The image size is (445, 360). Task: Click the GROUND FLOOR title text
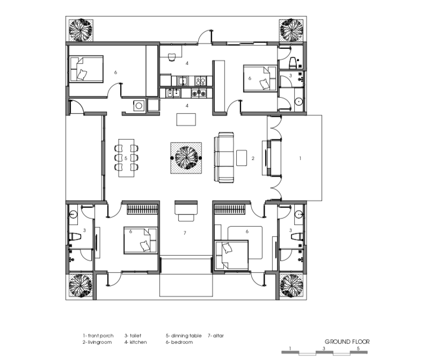click(347, 342)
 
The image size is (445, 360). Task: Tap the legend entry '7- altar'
click(216, 336)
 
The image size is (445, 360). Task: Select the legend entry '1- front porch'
click(98, 336)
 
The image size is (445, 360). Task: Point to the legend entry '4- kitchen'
click(136, 342)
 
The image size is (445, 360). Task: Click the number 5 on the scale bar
click(358, 348)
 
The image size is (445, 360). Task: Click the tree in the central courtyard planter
click(186, 158)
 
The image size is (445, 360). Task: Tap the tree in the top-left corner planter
click(81, 31)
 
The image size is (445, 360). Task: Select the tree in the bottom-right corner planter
click(291, 285)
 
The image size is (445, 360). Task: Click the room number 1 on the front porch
click(300, 159)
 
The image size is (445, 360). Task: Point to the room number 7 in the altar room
click(185, 233)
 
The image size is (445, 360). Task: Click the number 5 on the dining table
click(126, 159)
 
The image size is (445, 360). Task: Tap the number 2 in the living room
click(253, 159)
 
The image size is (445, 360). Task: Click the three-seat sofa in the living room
click(224, 157)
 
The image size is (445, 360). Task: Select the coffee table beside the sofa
click(242, 157)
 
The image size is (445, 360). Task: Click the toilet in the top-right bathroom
click(293, 63)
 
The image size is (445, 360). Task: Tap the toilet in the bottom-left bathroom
click(75, 236)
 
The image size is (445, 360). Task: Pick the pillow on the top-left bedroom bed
click(82, 75)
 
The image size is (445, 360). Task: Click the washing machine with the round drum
click(139, 106)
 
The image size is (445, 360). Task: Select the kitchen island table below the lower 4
click(186, 119)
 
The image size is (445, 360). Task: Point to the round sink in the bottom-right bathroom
click(298, 214)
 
